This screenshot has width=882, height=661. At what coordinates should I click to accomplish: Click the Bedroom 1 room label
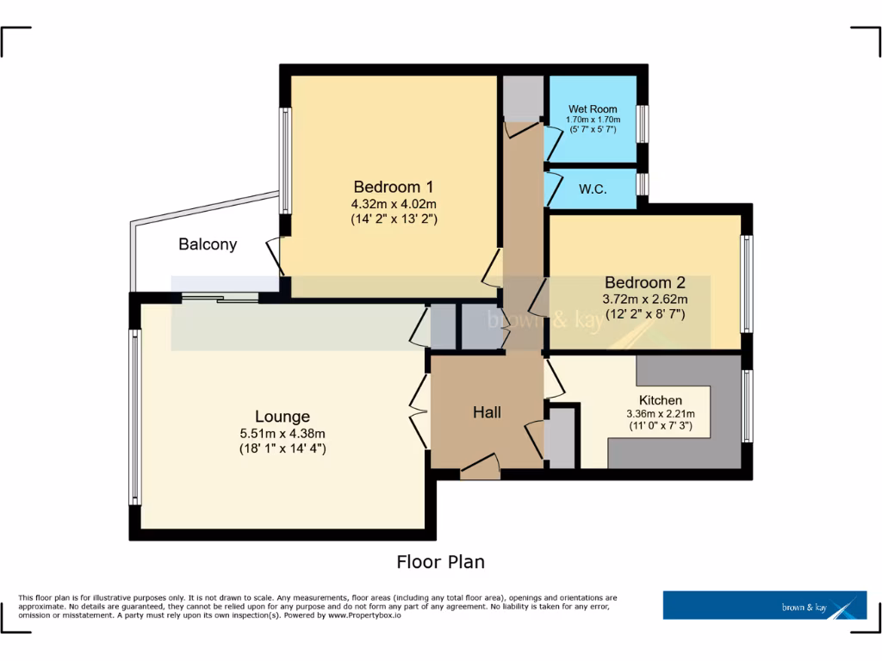[x=393, y=187]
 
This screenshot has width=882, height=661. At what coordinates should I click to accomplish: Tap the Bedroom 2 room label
[x=644, y=282]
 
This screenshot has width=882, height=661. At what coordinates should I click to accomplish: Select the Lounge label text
[x=282, y=417]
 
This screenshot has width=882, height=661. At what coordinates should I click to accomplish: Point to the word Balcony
[x=208, y=244]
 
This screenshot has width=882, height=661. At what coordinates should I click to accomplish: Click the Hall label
[x=487, y=413]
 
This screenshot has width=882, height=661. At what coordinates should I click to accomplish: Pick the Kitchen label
[x=660, y=400]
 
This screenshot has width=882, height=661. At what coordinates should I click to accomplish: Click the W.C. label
[x=593, y=189]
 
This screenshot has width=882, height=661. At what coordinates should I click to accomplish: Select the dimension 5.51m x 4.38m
[x=282, y=433]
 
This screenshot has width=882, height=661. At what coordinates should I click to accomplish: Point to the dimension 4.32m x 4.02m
[x=394, y=204]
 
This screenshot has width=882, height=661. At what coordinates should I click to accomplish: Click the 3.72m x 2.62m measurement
[x=644, y=300]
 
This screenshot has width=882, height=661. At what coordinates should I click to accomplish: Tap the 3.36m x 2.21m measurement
[x=660, y=414]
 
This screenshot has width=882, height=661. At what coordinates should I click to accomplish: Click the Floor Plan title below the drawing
[x=440, y=562]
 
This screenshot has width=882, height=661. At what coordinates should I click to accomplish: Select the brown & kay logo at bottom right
[x=764, y=605]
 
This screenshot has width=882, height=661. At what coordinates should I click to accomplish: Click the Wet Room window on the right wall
[x=643, y=123]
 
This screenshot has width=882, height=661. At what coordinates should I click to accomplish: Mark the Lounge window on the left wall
[x=134, y=418]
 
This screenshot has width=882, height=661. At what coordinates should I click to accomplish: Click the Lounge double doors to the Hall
[x=420, y=411]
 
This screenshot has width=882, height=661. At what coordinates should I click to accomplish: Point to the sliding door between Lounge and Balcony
[x=220, y=298]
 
